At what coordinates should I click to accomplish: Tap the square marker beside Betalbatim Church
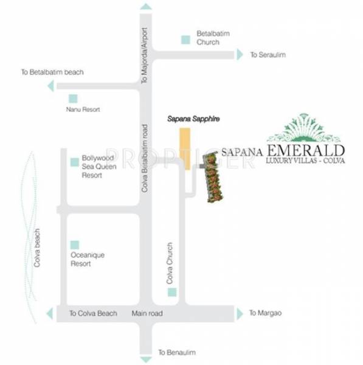pyautogui.click(x=184, y=40)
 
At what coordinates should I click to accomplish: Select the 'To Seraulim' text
pyautogui.click(x=268, y=55)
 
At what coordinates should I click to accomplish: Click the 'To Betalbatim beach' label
pyautogui.click(x=52, y=72)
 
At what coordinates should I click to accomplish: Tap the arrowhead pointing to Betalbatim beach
pyautogui.click(x=49, y=86)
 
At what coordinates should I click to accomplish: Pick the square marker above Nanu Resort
pyautogui.click(x=74, y=99)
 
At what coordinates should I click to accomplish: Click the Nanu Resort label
pyautogui.click(x=83, y=110)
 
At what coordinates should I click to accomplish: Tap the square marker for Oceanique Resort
pyautogui.click(x=74, y=244)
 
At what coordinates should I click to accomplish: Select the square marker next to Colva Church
pyautogui.click(x=172, y=294)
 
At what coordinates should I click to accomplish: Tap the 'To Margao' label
pyautogui.click(x=266, y=313)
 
